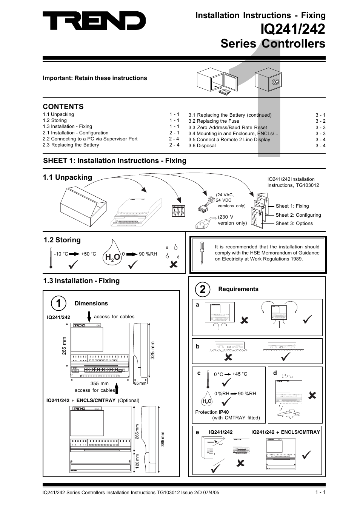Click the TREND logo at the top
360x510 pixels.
[94, 21]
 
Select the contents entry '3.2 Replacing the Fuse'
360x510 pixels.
[214, 121]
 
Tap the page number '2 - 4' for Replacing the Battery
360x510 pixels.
[174, 145]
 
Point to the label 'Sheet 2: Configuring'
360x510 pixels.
[298, 215]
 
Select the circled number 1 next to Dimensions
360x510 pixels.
[58, 303]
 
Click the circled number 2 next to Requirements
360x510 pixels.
[203, 290]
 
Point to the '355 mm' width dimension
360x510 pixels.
[99, 384]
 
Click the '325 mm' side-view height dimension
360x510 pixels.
[153, 350]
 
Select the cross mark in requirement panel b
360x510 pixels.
[228, 357]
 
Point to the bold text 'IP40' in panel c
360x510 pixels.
[224, 412]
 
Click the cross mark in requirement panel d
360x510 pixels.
[312, 395]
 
